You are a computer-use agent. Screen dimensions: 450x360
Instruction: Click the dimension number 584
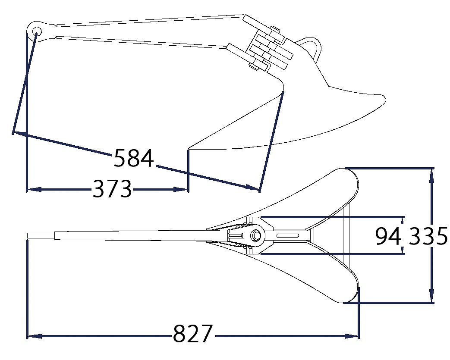tap(134, 158)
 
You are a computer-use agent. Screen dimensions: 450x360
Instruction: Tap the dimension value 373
tap(112, 188)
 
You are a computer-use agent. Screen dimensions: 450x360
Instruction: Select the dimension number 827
tap(193, 334)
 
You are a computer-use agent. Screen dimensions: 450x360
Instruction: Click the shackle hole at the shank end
tap(36, 31)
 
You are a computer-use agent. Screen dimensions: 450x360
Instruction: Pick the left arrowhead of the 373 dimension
tap(34, 189)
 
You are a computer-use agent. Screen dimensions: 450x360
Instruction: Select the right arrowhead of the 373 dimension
tap(181, 189)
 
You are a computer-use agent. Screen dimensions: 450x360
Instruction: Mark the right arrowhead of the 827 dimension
tap(351, 336)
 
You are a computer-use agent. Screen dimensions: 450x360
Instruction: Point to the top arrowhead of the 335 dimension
tap(431, 175)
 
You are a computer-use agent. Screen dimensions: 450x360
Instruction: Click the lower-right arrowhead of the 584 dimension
tap(253, 188)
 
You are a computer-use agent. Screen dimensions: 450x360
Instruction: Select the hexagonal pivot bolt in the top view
tap(255, 235)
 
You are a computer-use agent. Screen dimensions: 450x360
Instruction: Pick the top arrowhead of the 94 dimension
tap(403, 220)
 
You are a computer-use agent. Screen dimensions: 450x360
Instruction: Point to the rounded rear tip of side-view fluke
tap(384, 100)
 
